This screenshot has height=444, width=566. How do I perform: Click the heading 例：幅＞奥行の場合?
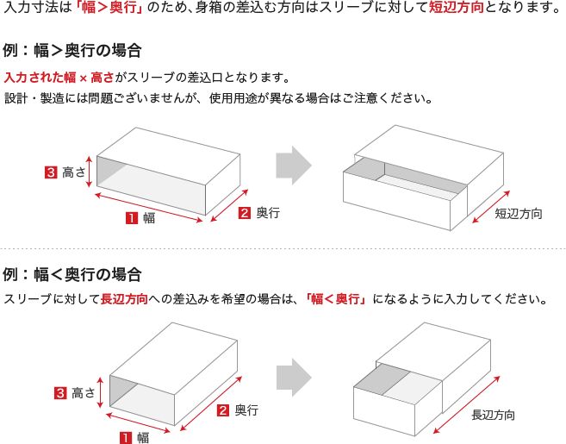tap(73, 50)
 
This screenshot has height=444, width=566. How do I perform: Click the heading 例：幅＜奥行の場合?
tap(73, 275)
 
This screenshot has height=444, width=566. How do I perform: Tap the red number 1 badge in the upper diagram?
tap(133, 218)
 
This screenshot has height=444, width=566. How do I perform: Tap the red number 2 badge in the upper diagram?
tap(245, 212)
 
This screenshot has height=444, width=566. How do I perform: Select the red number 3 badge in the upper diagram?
tap(50, 172)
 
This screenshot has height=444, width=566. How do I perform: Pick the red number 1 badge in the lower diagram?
tap(126, 437)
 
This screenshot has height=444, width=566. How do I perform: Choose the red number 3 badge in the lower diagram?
tap(60, 393)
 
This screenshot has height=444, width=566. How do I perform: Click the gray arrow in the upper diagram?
tap(294, 165)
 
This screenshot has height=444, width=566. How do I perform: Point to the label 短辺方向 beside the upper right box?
tap(519, 212)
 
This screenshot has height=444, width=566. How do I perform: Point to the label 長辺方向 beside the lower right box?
tap(494, 415)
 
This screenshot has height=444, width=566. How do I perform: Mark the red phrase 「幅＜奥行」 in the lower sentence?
tap(337, 300)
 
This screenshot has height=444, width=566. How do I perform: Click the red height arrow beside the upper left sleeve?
tap(89, 172)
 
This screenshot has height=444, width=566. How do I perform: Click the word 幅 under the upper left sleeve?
tap(149, 218)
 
